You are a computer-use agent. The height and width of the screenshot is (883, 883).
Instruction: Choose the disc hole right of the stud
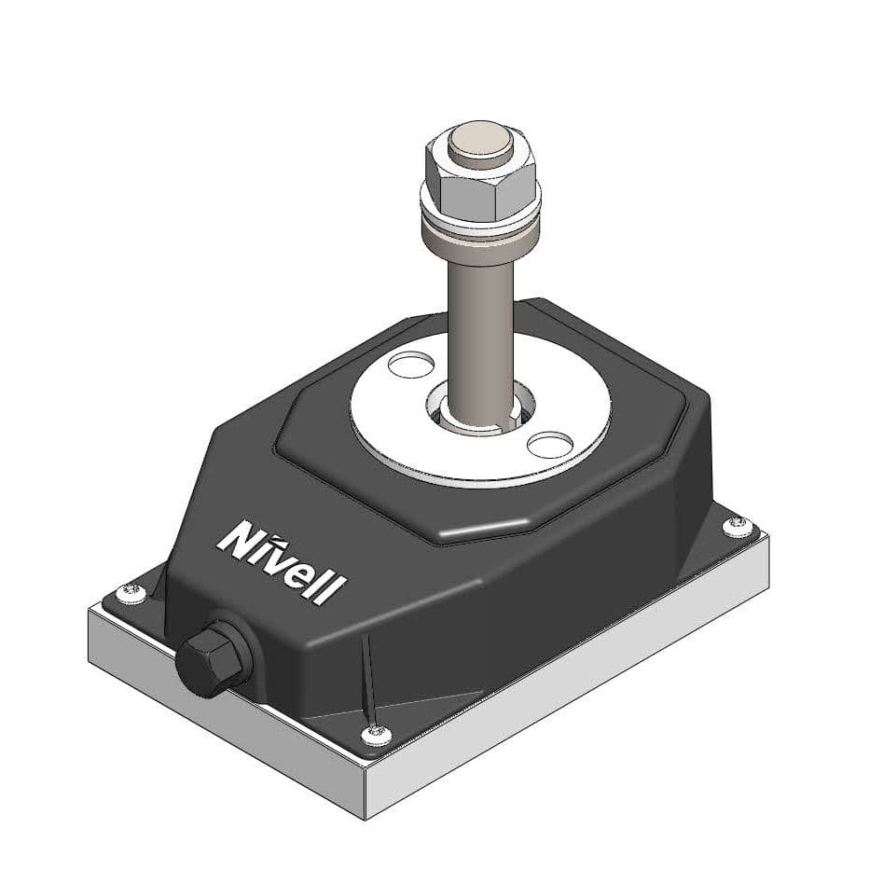point(555,443)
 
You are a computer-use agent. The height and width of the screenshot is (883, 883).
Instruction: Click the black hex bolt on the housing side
point(211,658)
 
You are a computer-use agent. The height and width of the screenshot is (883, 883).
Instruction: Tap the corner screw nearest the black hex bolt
point(131,589)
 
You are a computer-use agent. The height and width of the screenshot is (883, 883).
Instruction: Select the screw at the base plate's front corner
point(376,733)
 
